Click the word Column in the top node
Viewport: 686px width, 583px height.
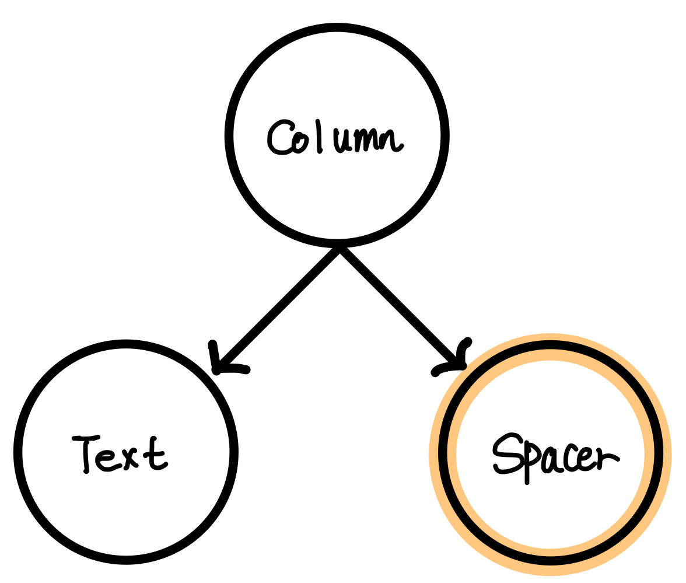pos(337,138)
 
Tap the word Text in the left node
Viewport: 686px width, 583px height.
pos(121,453)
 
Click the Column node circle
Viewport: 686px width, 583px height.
pos(337,70)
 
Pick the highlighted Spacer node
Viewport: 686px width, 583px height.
pos(550,514)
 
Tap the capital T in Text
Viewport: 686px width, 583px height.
pos(86,453)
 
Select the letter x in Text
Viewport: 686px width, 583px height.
pos(130,458)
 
